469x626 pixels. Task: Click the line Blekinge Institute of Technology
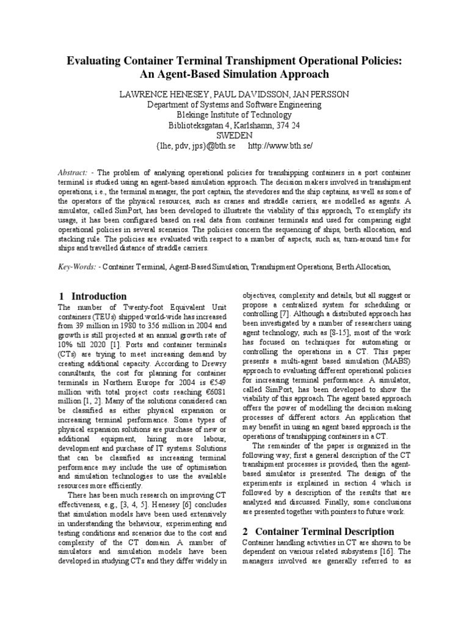pos(234,115)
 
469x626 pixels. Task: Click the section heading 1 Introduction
pos(92,296)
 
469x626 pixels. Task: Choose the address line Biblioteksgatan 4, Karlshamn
pos(234,125)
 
